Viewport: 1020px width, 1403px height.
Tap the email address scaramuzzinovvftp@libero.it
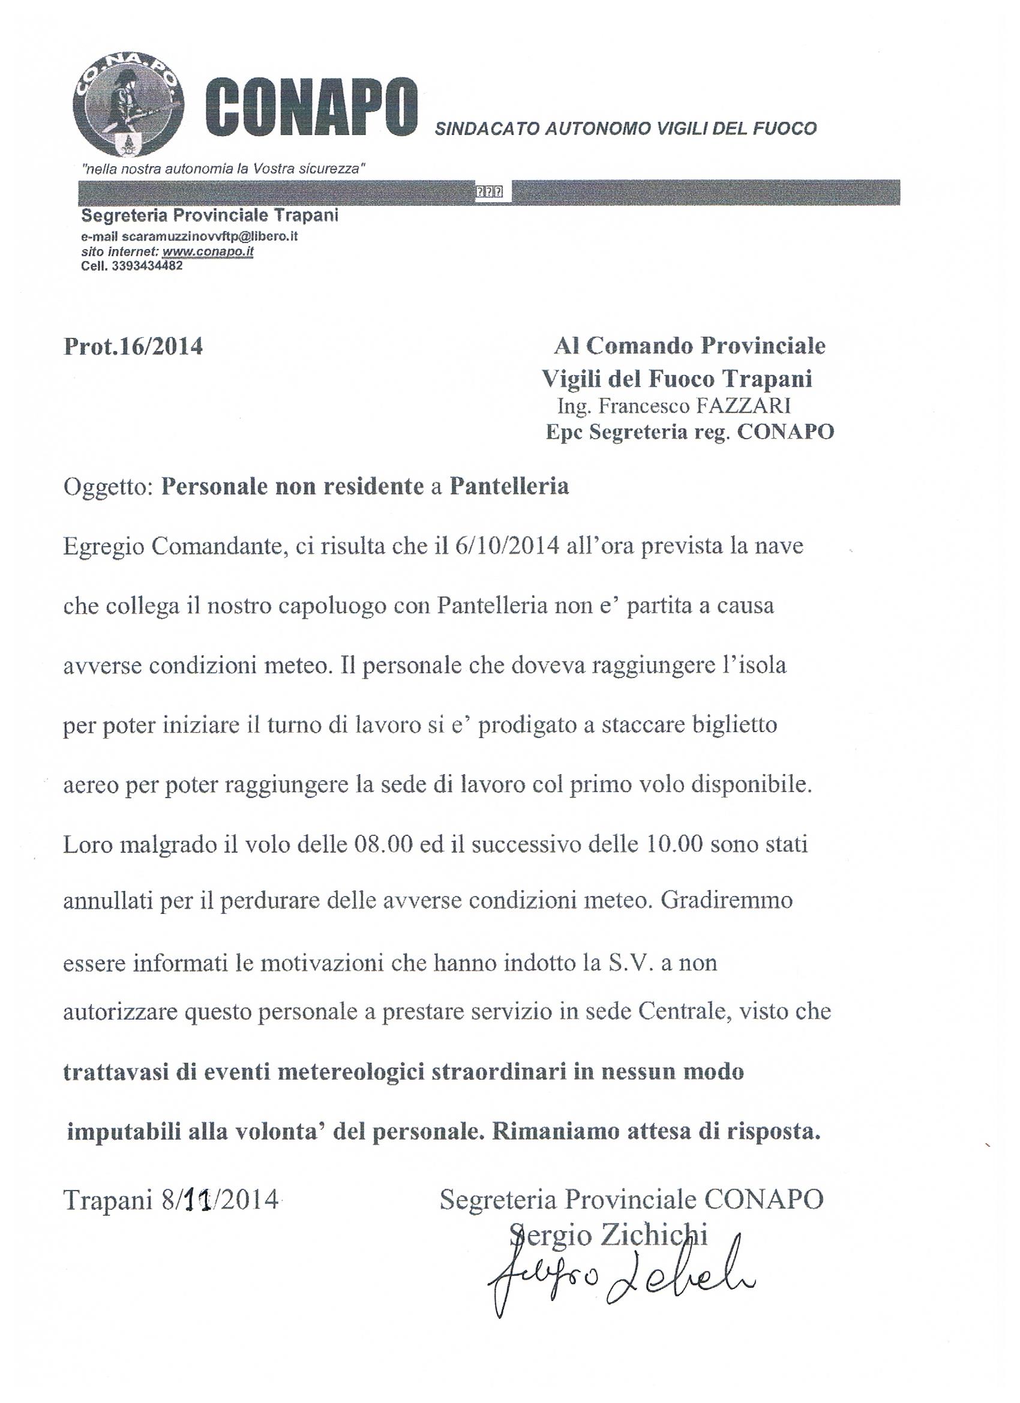pyautogui.click(x=209, y=236)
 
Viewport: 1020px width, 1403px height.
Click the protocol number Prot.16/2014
pyautogui.click(x=133, y=346)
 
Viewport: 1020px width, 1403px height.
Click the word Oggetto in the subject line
pyautogui.click(x=107, y=487)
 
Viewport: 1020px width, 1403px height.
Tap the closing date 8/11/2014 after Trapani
pyautogui.click(x=220, y=1201)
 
